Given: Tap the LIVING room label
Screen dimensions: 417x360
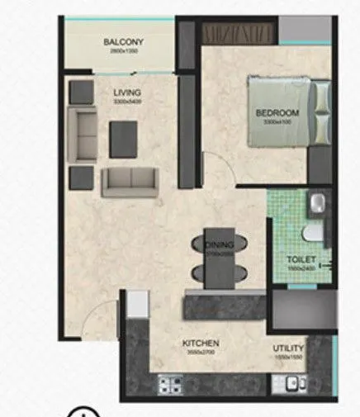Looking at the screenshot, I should point(127,92).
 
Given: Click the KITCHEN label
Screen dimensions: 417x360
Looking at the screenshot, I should point(199,340).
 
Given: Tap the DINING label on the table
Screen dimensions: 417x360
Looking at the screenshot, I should point(219,244).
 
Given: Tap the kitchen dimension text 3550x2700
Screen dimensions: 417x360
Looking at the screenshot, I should point(199,350).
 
